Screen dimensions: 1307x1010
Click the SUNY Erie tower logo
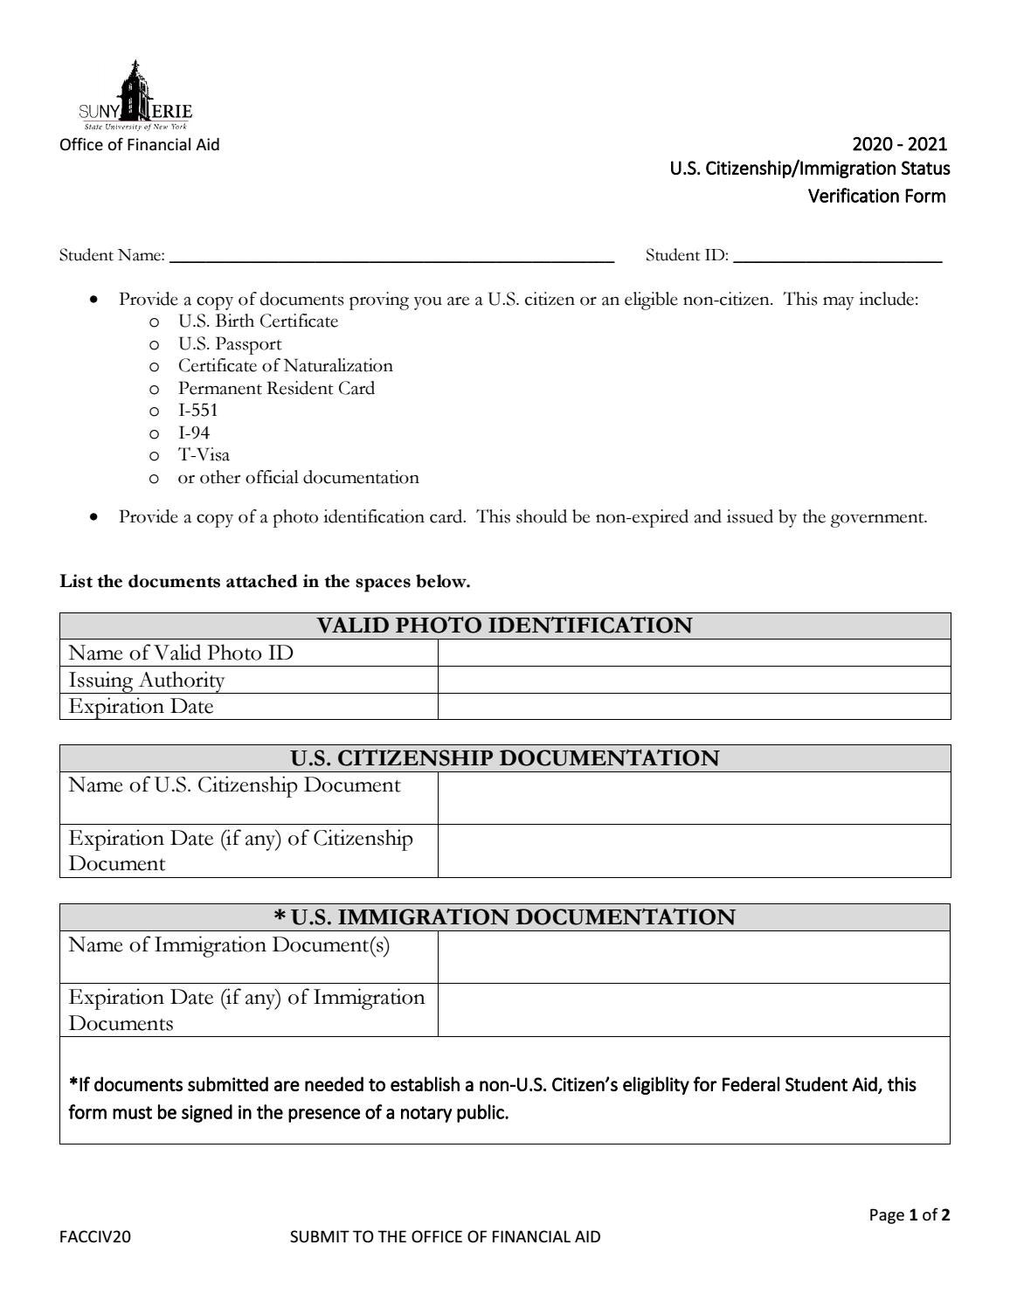pos(135,94)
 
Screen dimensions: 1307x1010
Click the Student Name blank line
pos(391,256)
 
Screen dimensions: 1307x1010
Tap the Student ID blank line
pos(837,256)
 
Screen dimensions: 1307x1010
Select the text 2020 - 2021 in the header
pos(899,144)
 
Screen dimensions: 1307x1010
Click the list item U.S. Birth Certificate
pos(258,322)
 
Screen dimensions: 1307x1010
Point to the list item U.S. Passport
pos(230,344)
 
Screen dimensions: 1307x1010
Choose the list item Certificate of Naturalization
pos(285,366)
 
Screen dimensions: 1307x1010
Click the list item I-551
pos(197,411)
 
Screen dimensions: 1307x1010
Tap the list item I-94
pos(193,433)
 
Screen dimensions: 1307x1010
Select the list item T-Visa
pos(204,455)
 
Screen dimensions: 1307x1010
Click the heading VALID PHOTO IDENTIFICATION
pos(504,626)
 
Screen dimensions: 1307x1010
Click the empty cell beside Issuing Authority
pos(693,680)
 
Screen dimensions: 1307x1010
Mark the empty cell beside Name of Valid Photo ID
pos(693,653)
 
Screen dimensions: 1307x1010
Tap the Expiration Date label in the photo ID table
pos(141,707)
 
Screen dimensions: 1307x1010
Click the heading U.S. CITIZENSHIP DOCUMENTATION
pos(504,758)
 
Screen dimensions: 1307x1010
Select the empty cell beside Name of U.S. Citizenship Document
pos(693,798)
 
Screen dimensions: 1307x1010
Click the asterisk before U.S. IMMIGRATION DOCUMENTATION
pos(280,917)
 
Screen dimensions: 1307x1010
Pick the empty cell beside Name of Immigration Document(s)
pos(693,957)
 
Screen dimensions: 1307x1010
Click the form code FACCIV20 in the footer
pos(95,1237)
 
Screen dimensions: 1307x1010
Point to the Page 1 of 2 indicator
pos(909,1215)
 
